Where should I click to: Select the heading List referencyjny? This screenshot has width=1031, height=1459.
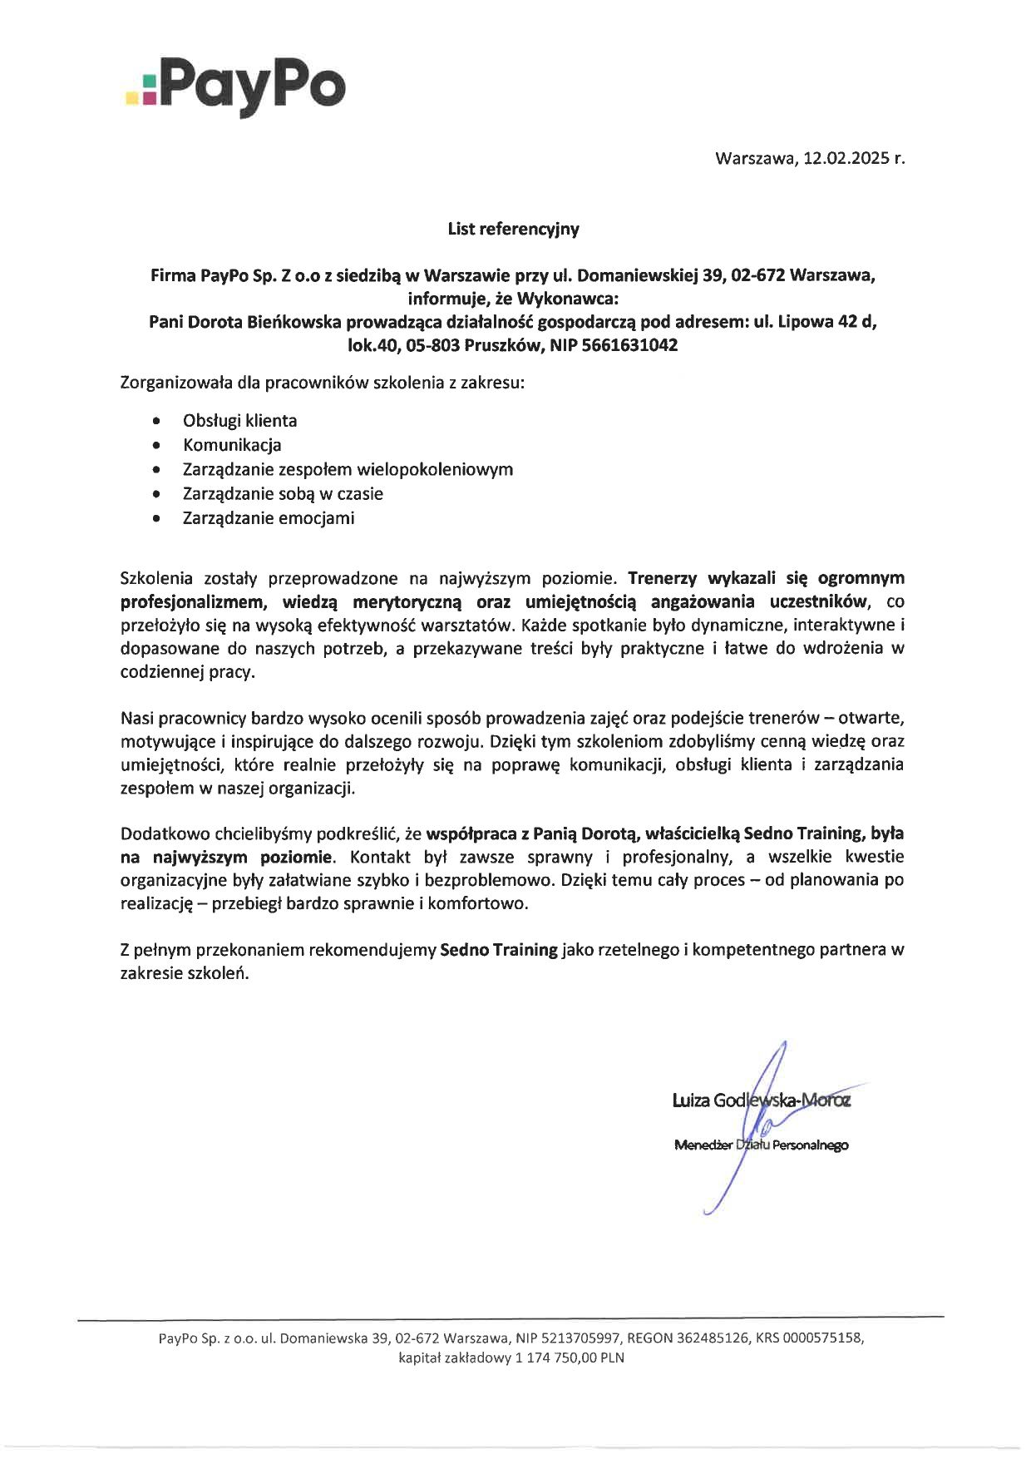point(513,229)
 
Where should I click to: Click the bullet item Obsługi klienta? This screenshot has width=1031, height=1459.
point(239,421)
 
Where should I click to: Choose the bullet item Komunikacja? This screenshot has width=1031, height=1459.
point(232,445)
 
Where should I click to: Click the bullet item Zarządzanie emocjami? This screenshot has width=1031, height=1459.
point(269,518)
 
